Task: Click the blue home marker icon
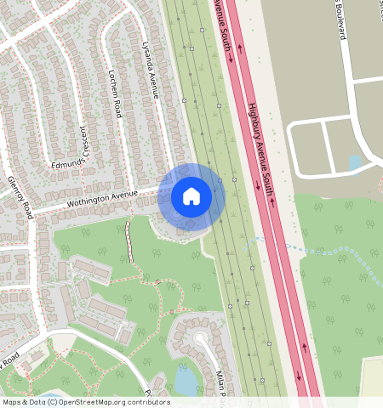point(191,196)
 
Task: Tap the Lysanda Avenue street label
point(151,72)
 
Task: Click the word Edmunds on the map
point(68,163)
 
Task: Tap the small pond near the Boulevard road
point(355,162)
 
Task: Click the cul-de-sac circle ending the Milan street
point(201,337)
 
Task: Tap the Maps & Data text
point(23,402)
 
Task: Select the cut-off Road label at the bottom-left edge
point(10,359)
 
